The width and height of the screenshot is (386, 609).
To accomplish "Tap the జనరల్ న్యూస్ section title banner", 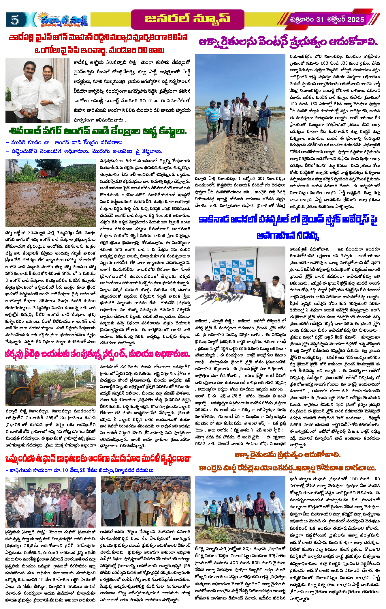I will point(187,19).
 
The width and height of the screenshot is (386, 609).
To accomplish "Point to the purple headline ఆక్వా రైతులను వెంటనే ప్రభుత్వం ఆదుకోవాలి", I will point(288,42).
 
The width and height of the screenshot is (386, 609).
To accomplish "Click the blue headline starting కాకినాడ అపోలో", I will point(288,220).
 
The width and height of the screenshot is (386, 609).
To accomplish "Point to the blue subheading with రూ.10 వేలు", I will point(79,470).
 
